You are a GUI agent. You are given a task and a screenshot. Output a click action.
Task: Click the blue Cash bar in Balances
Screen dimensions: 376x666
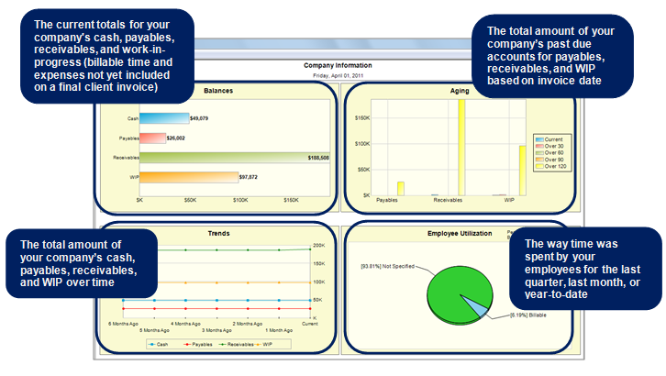[163, 118]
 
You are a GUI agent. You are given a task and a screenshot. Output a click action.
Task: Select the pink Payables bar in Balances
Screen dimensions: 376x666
[152, 138]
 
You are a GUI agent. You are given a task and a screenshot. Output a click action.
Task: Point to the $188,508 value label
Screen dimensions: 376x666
[319, 158]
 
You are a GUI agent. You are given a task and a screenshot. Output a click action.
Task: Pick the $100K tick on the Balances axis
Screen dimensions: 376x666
[240, 200]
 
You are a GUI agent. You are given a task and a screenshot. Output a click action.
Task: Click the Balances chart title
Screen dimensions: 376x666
[217, 91]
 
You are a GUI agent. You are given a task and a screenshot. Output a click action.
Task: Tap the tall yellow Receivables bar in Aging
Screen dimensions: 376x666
[461, 147]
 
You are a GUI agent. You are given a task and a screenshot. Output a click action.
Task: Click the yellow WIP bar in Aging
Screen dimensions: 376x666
[523, 171]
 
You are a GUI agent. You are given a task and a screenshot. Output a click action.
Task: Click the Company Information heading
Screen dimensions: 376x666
[339, 65]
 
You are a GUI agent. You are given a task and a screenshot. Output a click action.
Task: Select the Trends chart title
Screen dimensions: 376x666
[217, 233]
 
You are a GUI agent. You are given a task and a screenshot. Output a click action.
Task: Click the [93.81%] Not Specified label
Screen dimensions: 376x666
[388, 266]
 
